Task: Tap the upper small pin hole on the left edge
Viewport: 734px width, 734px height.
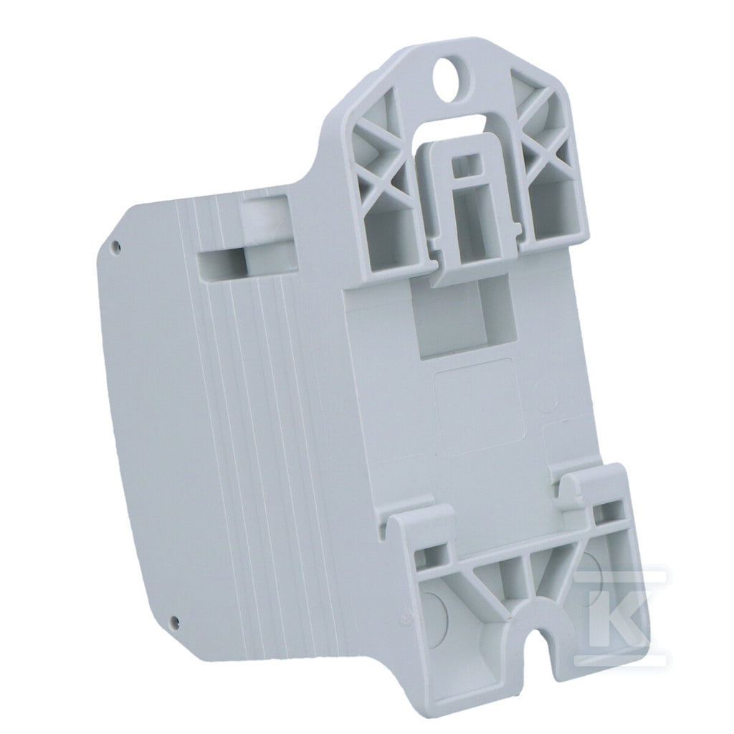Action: click(x=117, y=244)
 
